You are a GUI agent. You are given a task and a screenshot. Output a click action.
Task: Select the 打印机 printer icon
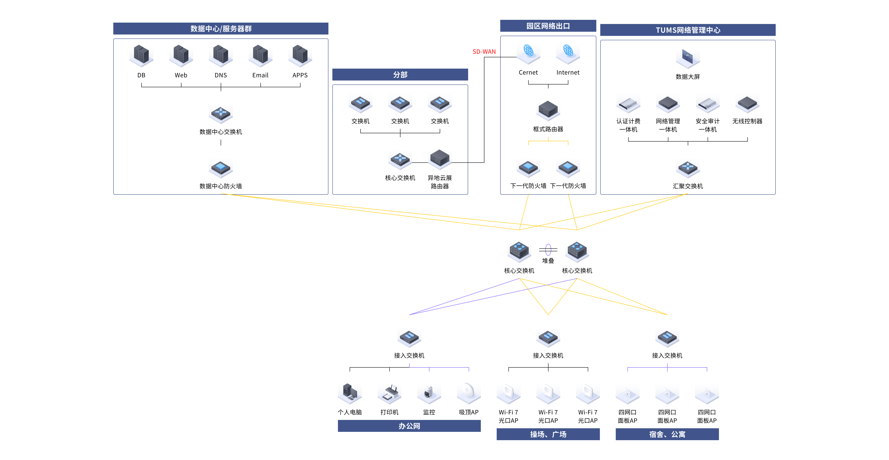coord(389,393)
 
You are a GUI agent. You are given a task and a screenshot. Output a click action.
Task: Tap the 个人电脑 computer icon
coord(350,393)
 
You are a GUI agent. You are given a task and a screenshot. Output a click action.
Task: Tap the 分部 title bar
coord(400,75)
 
